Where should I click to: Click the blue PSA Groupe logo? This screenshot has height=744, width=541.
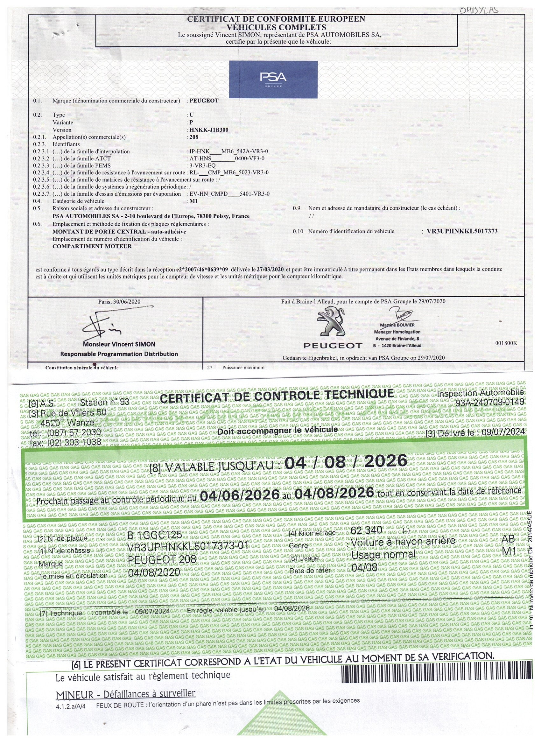(273, 79)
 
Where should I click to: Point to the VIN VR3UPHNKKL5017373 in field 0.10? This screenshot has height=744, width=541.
(462, 231)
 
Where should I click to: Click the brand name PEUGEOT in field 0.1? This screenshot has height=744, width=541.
(204, 101)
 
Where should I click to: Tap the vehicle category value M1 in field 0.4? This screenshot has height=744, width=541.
(193, 201)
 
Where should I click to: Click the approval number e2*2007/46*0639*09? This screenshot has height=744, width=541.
(202, 269)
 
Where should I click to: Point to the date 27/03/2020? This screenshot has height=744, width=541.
(270, 269)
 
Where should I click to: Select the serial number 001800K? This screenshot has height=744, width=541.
(506, 343)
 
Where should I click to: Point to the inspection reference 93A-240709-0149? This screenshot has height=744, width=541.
(489, 403)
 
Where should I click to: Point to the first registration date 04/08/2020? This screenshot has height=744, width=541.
(154, 573)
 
